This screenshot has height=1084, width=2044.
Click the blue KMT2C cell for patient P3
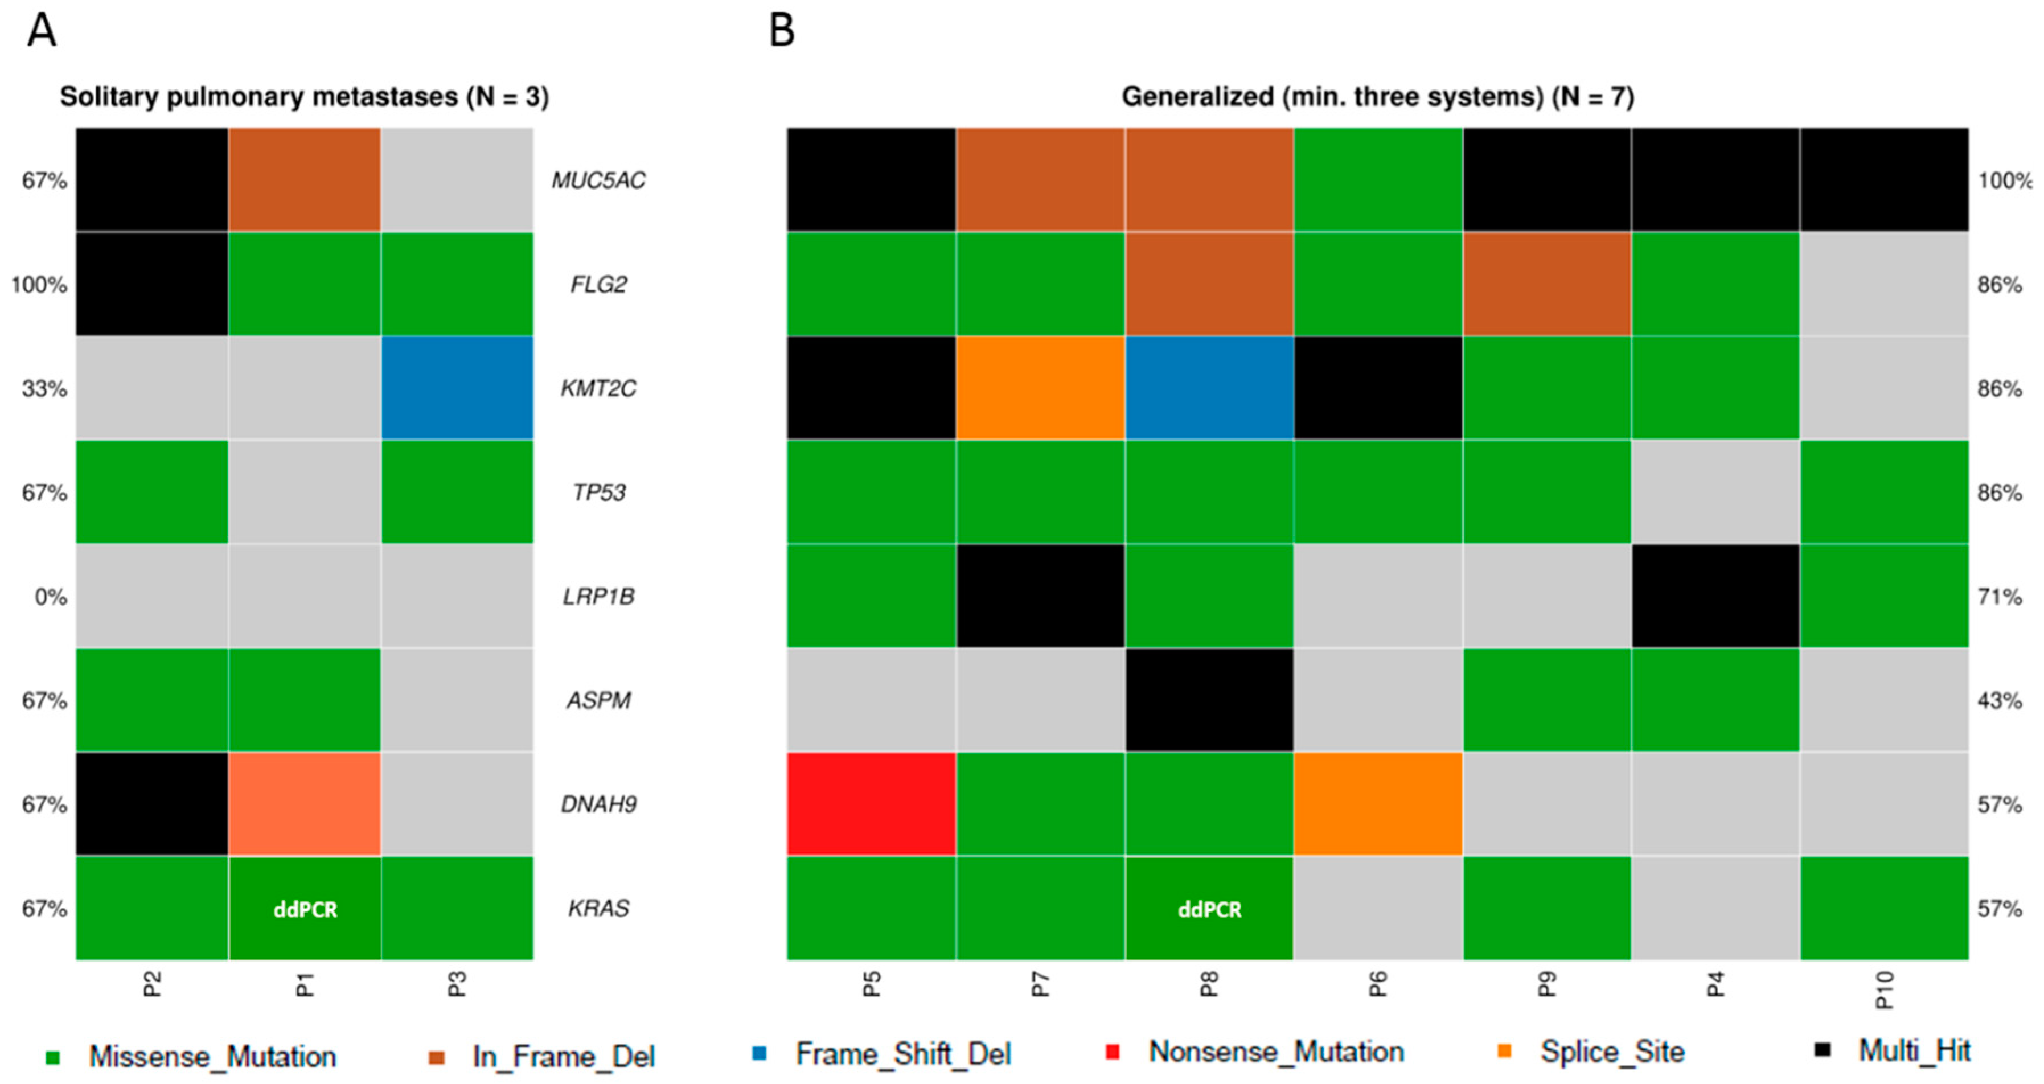tap(457, 388)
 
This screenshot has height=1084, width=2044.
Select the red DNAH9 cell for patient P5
tap(871, 804)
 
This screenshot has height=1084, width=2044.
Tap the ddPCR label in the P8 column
tap(1209, 909)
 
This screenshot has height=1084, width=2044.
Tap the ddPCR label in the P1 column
tap(306, 909)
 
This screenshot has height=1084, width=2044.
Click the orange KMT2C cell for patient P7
tap(1040, 388)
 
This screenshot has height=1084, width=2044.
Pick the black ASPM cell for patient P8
tap(1209, 700)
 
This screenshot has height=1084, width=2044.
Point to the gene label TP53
tap(599, 493)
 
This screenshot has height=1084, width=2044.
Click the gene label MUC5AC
tap(599, 181)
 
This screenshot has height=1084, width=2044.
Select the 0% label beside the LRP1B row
tap(50, 597)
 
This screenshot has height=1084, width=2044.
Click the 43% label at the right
tap(1999, 701)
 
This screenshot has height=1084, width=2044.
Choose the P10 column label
tap(1885, 989)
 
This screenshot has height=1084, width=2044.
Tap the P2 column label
tap(153, 984)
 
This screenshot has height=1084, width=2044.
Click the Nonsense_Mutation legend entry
tap(1276, 1052)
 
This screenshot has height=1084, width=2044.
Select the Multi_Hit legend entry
tap(1913, 1050)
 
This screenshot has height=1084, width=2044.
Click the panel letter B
tap(782, 32)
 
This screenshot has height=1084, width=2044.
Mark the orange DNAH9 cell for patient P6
tap(1378, 804)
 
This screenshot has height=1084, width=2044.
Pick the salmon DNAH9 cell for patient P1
tap(306, 804)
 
